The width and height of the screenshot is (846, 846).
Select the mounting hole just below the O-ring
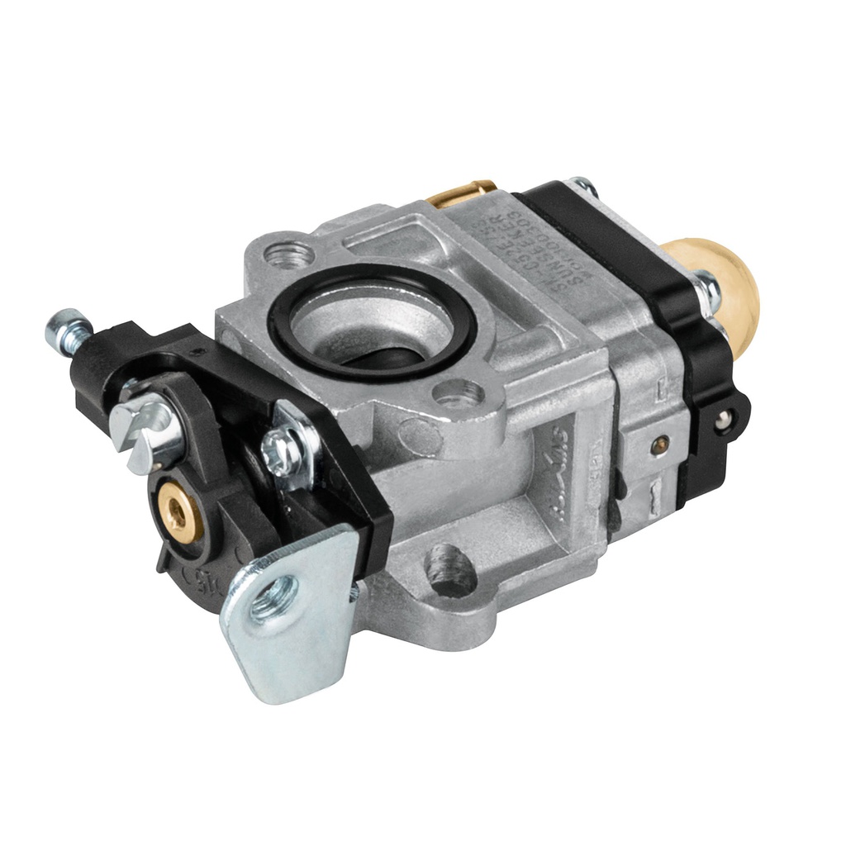[459, 395]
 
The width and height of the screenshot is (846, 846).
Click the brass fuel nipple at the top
[463, 193]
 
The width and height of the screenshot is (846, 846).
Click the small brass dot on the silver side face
[658, 445]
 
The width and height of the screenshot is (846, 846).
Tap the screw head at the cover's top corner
[583, 187]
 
